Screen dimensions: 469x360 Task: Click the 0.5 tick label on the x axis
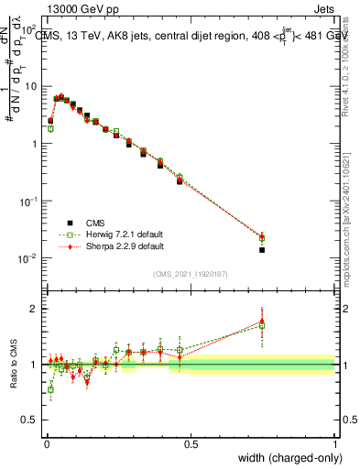click(x=191, y=443)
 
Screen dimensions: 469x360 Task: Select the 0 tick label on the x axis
click(x=45, y=443)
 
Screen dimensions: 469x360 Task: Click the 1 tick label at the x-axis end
click(x=335, y=443)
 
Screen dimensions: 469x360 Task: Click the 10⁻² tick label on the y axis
click(x=27, y=258)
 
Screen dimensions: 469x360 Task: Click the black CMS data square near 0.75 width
click(x=262, y=249)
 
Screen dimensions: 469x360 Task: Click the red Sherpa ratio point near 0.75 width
click(x=262, y=321)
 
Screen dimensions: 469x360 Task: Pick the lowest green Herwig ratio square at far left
click(x=50, y=389)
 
